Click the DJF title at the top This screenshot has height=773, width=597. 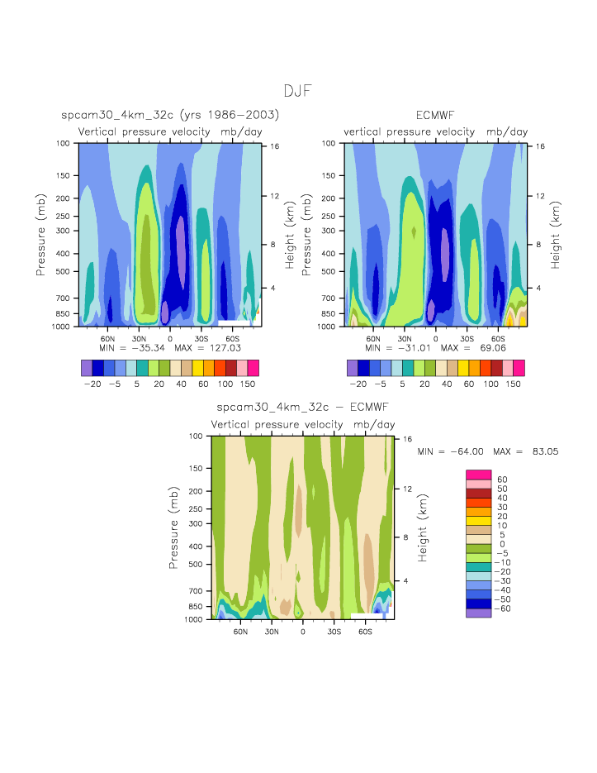tap(297, 91)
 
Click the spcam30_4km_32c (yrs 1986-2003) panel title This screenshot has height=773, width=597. tap(170, 115)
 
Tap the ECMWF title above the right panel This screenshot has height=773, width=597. tap(435, 115)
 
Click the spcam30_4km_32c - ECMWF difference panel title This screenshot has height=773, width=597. tap(302, 408)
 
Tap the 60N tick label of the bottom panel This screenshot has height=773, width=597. tap(240, 632)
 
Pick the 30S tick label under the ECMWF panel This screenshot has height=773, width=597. tap(467, 339)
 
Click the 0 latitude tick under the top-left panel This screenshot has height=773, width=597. tap(170, 339)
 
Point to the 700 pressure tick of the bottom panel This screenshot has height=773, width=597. tap(195, 590)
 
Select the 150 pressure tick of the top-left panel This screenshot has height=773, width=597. tap(63, 175)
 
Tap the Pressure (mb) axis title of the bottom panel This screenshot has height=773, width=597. tap(174, 527)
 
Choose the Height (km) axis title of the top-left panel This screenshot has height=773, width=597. tap(290, 235)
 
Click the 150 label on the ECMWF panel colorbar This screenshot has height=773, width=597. tap(513, 384)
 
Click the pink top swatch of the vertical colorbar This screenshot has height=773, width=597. tap(479, 474)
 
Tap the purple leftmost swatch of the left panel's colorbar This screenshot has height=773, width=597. tap(87, 367)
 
